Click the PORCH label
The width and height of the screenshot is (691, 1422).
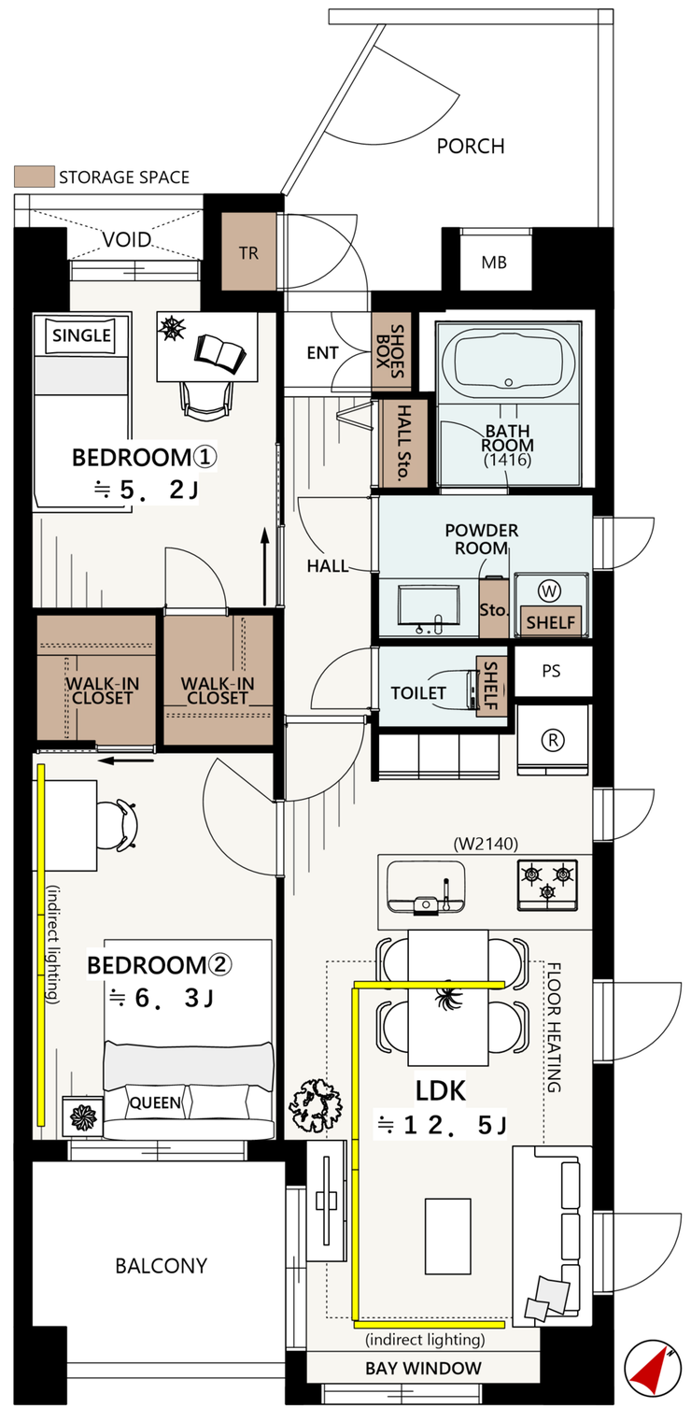[x=471, y=147]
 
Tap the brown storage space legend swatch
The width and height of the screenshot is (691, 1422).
[x=35, y=177]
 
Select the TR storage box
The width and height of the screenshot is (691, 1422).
[x=248, y=251]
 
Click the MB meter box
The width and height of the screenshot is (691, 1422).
[x=494, y=262]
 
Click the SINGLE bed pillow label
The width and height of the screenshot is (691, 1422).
[x=82, y=334]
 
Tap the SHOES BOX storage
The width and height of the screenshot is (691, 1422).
[x=391, y=351]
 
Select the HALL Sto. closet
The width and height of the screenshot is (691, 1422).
[x=402, y=443]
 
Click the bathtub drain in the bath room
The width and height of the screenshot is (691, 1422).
[x=508, y=382]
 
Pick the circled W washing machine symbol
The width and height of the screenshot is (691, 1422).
[x=549, y=591]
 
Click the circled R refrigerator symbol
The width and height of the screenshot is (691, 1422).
[x=553, y=740]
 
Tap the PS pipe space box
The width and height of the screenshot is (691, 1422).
[x=553, y=671]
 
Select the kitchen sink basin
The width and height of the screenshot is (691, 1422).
[x=425, y=887]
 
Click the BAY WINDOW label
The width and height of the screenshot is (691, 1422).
[x=423, y=1368]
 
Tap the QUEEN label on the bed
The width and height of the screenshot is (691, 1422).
[x=155, y=1102]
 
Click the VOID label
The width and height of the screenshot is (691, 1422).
[x=127, y=239]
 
